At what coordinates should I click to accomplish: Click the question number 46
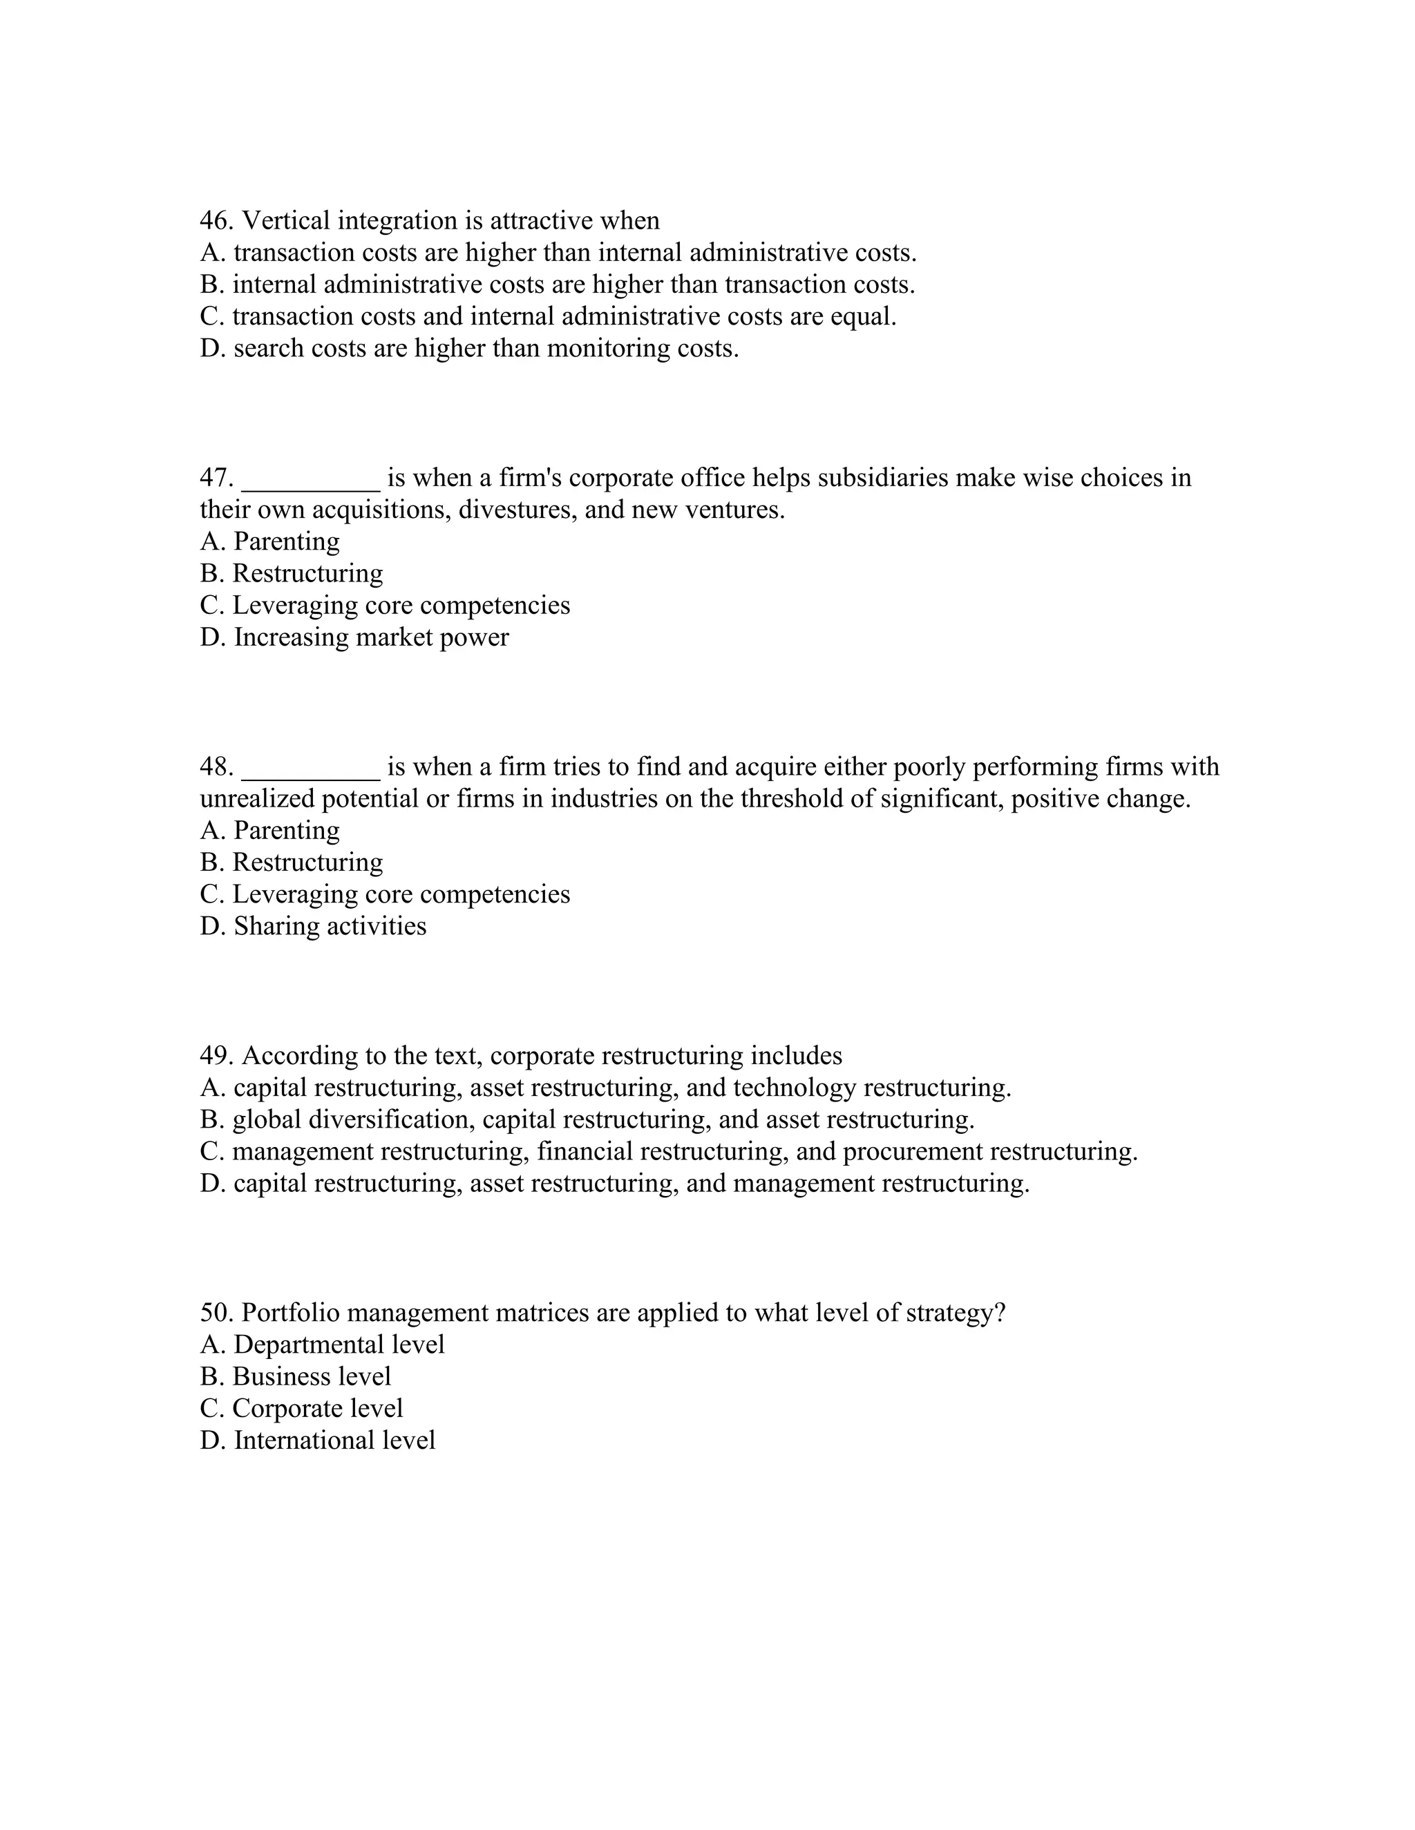tap(216, 220)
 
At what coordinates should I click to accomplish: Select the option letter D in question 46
tap(211, 348)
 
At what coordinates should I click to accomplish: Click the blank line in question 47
tap(310, 479)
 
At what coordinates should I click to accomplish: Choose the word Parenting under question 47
tap(287, 542)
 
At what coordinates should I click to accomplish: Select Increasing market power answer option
tap(370, 637)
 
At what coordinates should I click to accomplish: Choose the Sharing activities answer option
tap(330, 927)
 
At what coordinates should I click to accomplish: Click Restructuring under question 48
tap(307, 863)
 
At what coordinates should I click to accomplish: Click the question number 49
tap(216, 1056)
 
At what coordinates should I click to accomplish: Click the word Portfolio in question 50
tap(294, 1313)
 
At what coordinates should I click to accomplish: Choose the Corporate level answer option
tap(317, 1409)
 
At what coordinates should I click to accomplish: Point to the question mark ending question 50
tap(998, 1313)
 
